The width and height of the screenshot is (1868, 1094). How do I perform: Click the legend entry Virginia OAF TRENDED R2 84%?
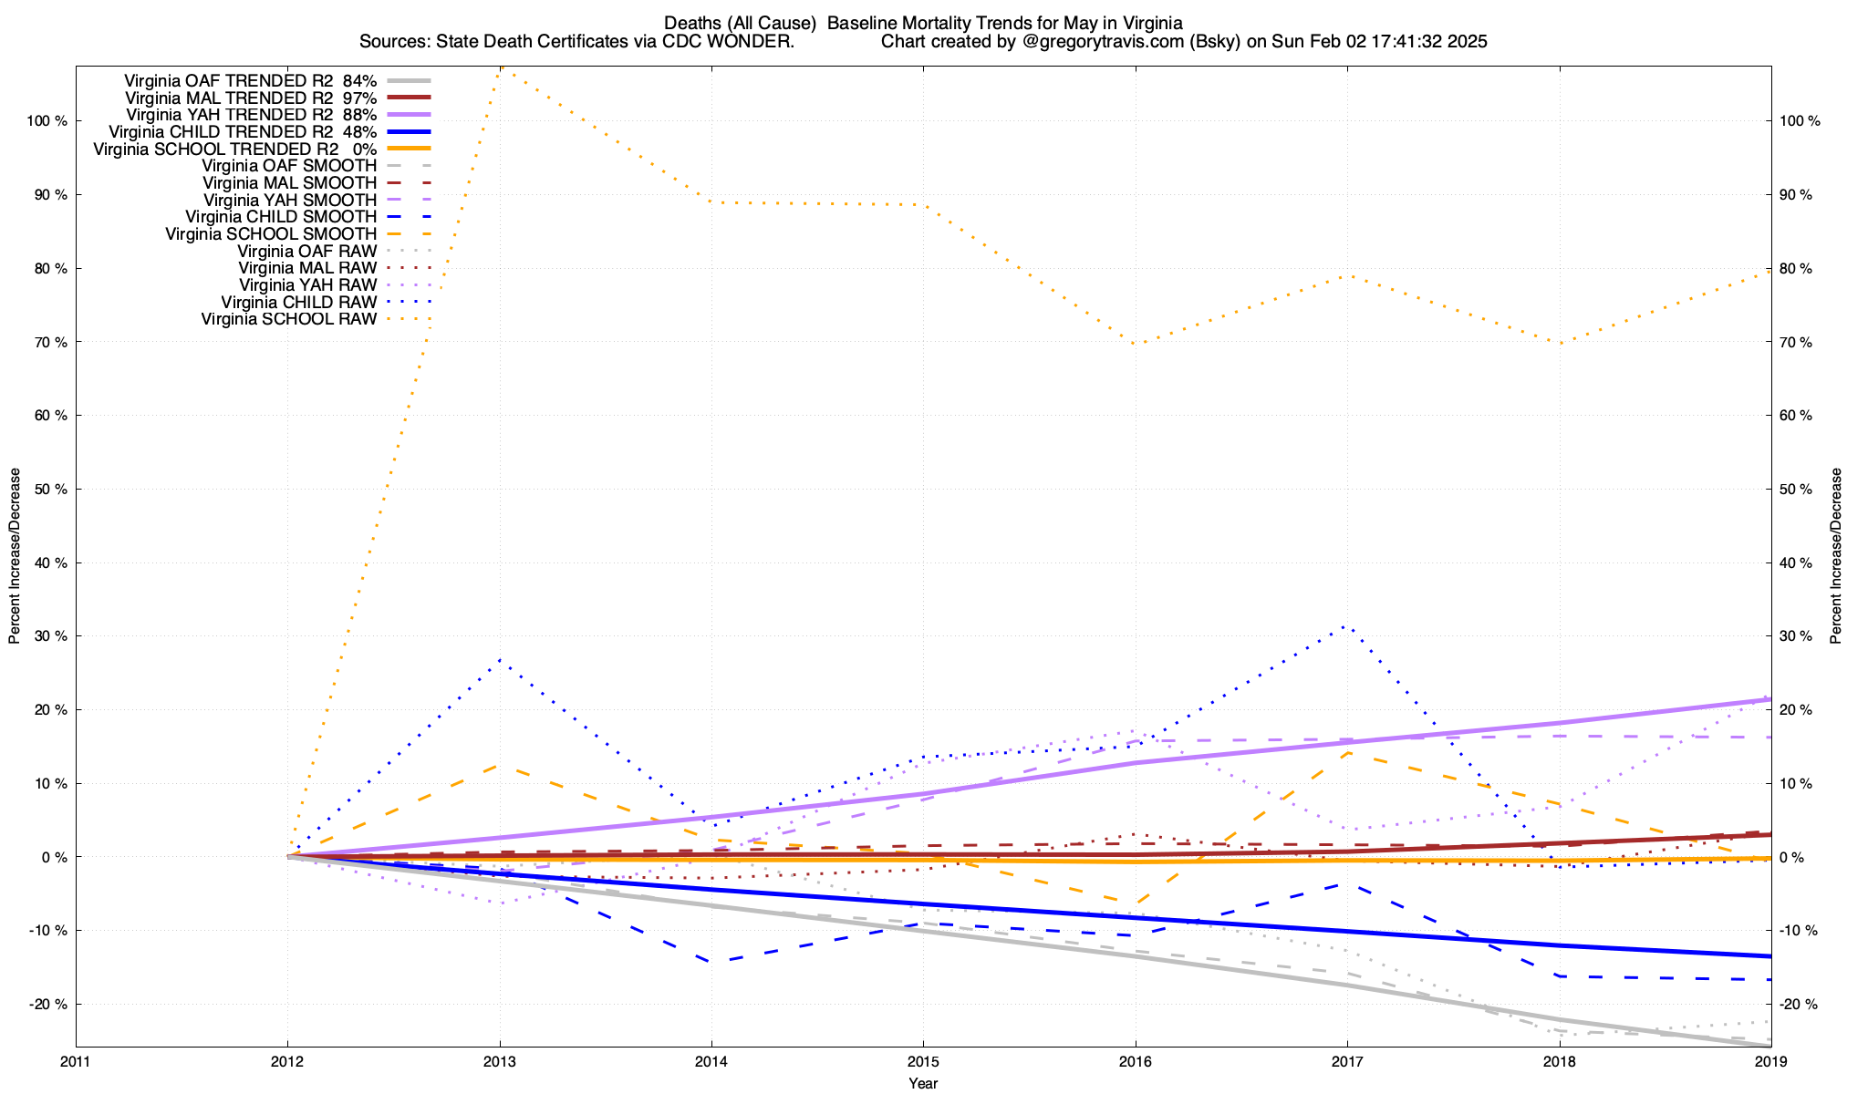[250, 80]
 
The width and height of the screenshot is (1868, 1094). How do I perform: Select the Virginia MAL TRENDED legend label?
[250, 98]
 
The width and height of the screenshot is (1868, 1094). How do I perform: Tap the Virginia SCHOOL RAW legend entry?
[288, 319]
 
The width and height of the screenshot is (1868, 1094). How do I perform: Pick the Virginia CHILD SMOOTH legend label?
[280, 217]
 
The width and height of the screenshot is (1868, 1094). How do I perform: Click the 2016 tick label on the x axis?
[1135, 1061]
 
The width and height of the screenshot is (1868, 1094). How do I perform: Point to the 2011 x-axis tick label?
[76, 1061]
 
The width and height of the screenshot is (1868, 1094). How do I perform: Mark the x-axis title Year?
[923, 1083]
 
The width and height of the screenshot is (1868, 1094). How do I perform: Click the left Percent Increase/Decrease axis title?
[15, 556]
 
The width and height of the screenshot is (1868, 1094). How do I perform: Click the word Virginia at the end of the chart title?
[1153, 23]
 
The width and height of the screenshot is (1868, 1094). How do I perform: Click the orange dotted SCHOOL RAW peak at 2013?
[500, 68]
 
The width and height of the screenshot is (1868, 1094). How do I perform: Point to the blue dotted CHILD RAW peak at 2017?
[1347, 626]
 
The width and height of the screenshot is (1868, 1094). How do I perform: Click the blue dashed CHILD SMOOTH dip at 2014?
[711, 961]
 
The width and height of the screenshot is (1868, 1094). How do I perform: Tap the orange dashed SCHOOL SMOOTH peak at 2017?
[1347, 752]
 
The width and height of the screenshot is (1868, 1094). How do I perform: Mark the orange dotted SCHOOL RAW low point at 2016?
[1135, 344]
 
